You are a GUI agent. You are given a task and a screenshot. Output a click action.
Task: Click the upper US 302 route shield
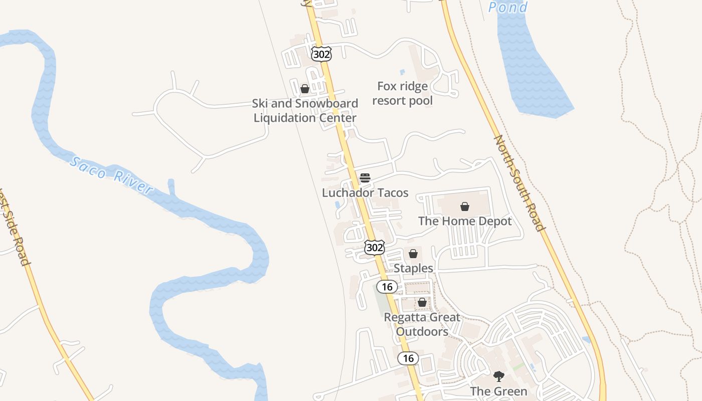tap(321, 54)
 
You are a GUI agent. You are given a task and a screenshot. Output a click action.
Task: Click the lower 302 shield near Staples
tap(374, 247)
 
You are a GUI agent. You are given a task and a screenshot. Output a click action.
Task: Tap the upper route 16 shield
tap(387, 287)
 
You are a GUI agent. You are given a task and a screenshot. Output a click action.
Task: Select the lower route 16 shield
tap(408, 358)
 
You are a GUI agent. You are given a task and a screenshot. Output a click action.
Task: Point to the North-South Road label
tap(519, 182)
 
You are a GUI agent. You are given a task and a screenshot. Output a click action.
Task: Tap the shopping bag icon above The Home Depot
tap(465, 206)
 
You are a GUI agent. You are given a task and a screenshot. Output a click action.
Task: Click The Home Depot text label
tap(465, 221)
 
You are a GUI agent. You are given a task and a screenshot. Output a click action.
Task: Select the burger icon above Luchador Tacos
tap(365, 177)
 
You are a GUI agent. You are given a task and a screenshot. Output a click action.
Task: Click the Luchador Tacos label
tap(365, 192)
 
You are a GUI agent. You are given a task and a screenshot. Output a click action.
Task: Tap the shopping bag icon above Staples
tap(413, 254)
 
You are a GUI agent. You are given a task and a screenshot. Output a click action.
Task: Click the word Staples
tap(413, 268)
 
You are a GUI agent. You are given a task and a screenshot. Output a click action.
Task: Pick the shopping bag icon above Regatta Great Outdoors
tap(422, 302)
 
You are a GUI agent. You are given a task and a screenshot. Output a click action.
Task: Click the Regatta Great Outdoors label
tap(422, 324)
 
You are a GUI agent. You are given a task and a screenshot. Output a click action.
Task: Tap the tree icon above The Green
tap(498, 376)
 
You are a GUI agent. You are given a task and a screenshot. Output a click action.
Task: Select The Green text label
tap(498, 391)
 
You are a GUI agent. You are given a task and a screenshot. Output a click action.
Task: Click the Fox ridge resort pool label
tap(403, 93)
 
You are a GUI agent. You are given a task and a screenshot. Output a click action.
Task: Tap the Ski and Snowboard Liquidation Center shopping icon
tap(304, 89)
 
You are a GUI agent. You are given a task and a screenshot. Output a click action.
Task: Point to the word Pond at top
tap(507, 7)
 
